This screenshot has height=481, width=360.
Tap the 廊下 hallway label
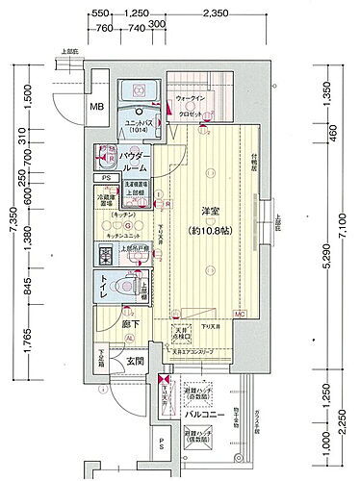coord(104,327)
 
